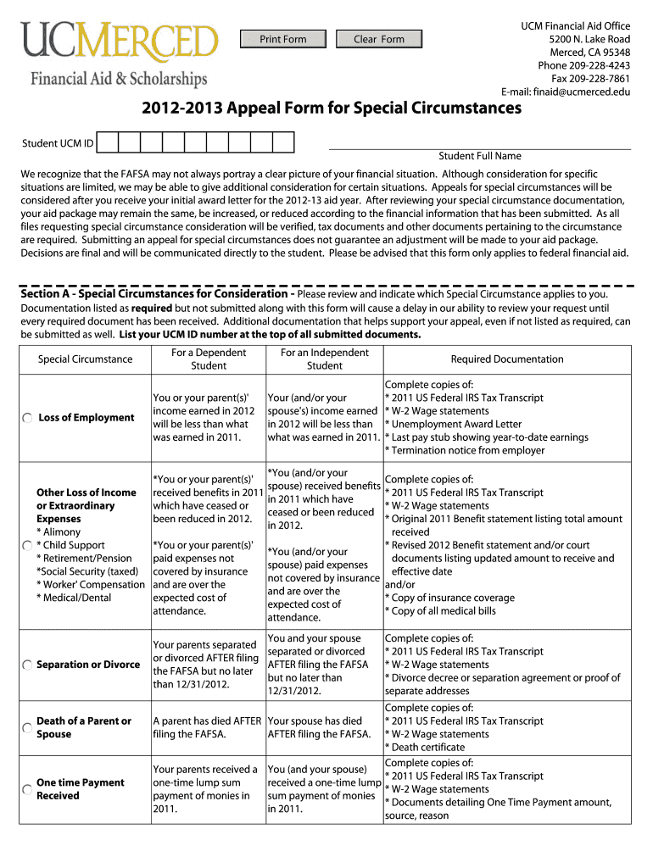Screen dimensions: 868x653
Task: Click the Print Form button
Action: pyautogui.click(x=283, y=39)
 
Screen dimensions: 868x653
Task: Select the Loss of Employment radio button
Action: pyautogui.click(x=28, y=418)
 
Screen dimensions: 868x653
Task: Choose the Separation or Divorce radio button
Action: pyautogui.click(x=28, y=665)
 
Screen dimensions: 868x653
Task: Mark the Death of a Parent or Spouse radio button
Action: pyautogui.click(x=28, y=727)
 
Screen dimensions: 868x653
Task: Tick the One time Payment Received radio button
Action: pyautogui.click(x=28, y=789)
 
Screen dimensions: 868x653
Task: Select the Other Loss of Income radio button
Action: pyautogui.click(x=28, y=545)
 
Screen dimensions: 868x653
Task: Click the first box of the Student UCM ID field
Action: pyautogui.click(x=107, y=143)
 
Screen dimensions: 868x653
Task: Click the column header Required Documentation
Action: pyautogui.click(x=506, y=359)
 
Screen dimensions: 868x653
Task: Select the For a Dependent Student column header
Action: pyautogui.click(x=209, y=359)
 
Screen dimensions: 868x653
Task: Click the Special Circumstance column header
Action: pyautogui.click(x=85, y=359)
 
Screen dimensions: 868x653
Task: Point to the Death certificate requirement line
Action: pyautogui.click(x=427, y=748)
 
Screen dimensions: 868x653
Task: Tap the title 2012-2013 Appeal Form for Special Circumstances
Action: pyautogui.click(x=326, y=109)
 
